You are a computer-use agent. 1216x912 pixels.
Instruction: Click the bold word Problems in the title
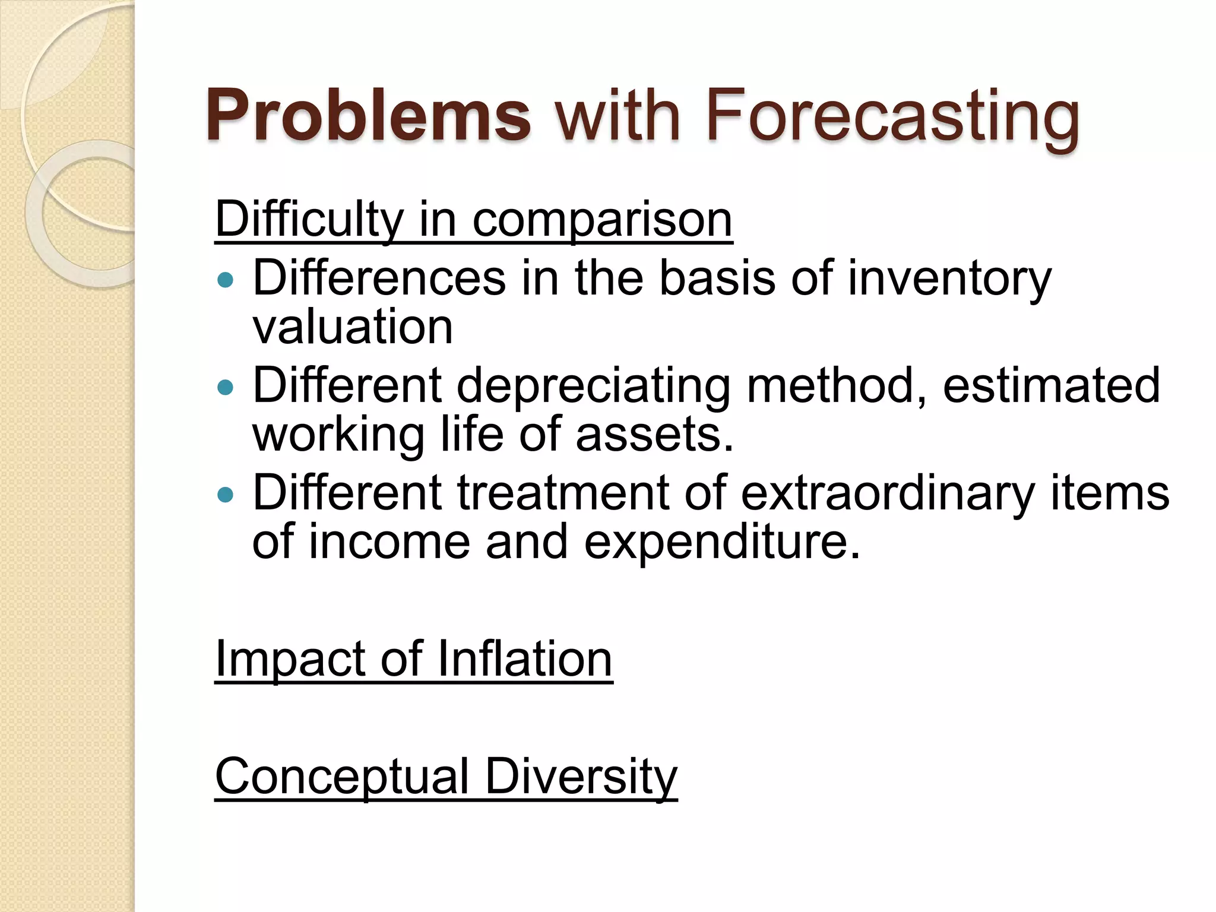[x=368, y=116]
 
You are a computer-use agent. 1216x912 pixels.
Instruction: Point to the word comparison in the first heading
[x=602, y=220]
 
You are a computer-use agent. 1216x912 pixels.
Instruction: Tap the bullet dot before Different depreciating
[x=226, y=388]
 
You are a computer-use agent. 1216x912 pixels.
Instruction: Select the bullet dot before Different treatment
[x=226, y=494]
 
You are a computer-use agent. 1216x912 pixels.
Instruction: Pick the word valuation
[x=353, y=327]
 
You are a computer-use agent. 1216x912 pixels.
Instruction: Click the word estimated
[x=1051, y=386]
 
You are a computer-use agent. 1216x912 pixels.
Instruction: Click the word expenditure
[x=721, y=542]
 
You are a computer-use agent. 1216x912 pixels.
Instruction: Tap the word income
[x=389, y=542]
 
